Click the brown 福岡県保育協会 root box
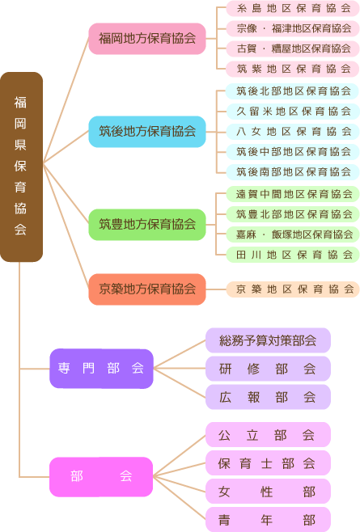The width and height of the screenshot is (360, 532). click(x=21, y=167)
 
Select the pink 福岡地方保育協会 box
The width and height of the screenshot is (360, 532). click(x=147, y=38)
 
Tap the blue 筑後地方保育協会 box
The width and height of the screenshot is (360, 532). click(x=147, y=131)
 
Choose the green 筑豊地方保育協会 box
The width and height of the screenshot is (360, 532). click(x=147, y=224)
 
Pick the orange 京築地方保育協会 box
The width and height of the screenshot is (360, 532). click(x=147, y=289)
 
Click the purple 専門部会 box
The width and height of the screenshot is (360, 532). click(x=101, y=369)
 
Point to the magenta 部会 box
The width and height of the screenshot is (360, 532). click(x=101, y=477)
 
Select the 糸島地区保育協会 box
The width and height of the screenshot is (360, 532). click(x=293, y=8)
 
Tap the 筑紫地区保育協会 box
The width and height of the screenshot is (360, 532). click(x=293, y=69)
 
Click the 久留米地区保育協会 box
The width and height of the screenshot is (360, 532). click(x=293, y=112)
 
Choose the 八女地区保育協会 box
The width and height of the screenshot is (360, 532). click(x=293, y=131)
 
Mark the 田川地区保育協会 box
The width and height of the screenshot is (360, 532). click(x=293, y=255)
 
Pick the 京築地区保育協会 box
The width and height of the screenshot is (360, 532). click(x=293, y=289)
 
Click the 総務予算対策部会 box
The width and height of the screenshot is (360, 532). click(x=268, y=340)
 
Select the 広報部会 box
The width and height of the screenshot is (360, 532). click(x=268, y=397)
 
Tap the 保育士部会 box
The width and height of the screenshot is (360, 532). click(x=268, y=462)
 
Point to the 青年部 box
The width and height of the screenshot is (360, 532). click(x=268, y=519)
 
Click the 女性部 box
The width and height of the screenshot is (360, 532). click(x=268, y=491)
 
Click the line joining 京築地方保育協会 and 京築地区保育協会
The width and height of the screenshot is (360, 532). click(x=216, y=289)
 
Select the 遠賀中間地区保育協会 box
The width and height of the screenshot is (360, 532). click(x=293, y=194)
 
